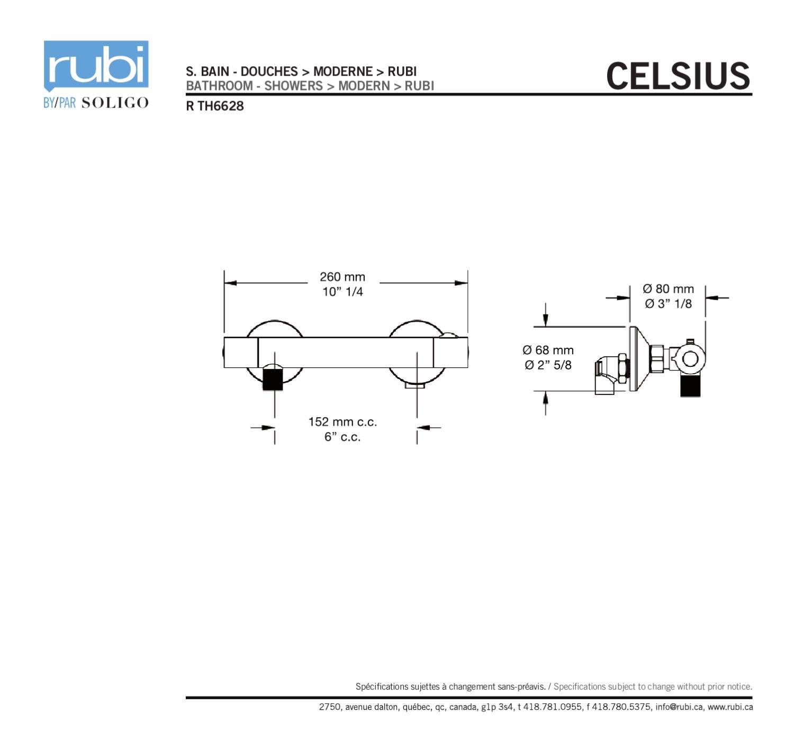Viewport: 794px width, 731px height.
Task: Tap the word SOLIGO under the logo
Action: [x=115, y=103]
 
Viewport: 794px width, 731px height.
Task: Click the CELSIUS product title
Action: [x=678, y=76]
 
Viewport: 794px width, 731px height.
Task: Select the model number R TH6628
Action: [x=215, y=106]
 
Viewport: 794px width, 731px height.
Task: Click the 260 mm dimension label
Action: [x=342, y=277]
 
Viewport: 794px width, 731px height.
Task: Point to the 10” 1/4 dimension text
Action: [x=342, y=292]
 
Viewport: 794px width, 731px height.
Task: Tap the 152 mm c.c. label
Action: [x=342, y=422]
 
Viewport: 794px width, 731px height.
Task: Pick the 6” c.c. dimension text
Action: [x=342, y=437]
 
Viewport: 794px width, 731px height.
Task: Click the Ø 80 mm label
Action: [x=668, y=288]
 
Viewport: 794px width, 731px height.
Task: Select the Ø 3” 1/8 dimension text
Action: [x=668, y=303]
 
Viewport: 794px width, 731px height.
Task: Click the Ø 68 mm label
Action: [x=548, y=350]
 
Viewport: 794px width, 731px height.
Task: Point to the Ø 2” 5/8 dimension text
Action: [x=548, y=365]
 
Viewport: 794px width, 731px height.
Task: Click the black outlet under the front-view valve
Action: [x=273, y=379]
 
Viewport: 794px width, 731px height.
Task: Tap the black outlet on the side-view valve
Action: [x=690, y=386]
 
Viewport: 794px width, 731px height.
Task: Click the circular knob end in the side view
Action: [x=690, y=359]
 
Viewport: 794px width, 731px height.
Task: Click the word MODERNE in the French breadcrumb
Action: [x=343, y=71]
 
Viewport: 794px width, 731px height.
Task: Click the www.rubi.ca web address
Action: [x=730, y=707]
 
